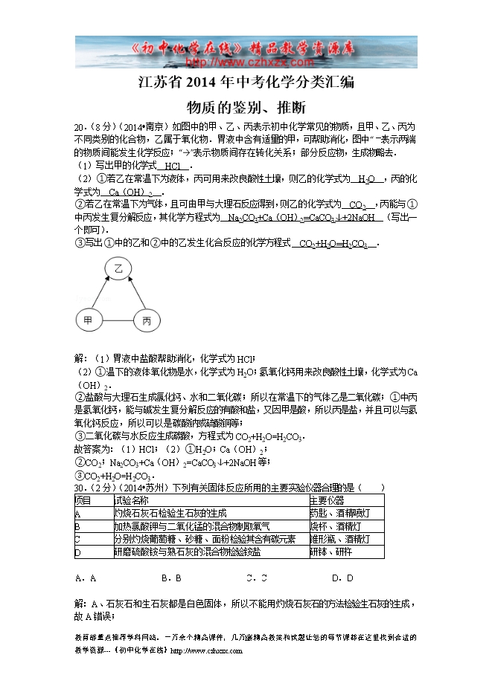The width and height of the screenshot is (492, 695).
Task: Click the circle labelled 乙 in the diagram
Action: point(118,268)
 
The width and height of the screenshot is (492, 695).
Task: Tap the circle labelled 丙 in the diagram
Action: point(147,320)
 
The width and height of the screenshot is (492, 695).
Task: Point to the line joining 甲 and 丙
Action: point(117,320)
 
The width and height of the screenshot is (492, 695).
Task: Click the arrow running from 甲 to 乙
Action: point(102,295)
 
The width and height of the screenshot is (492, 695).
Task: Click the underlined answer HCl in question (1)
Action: point(173,166)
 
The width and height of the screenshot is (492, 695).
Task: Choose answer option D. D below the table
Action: point(342,578)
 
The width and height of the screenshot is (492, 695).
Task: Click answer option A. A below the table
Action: point(86,578)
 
